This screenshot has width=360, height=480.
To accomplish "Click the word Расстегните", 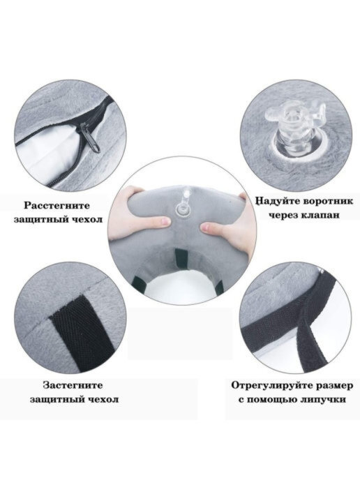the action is pyautogui.click(x=57, y=205).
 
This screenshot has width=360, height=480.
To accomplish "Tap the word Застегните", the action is pyautogui.click(x=73, y=385).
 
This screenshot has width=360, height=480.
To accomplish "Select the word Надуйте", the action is pyautogui.click(x=279, y=202).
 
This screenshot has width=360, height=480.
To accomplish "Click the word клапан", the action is pyautogui.click(x=320, y=215).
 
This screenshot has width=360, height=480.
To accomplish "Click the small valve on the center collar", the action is pyautogui.click(x=183, y=206).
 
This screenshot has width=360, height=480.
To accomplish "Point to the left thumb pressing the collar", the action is pyautogui.click(x=159, y=222).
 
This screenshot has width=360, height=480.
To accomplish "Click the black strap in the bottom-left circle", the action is pyautogui.click(x=81, y=332).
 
